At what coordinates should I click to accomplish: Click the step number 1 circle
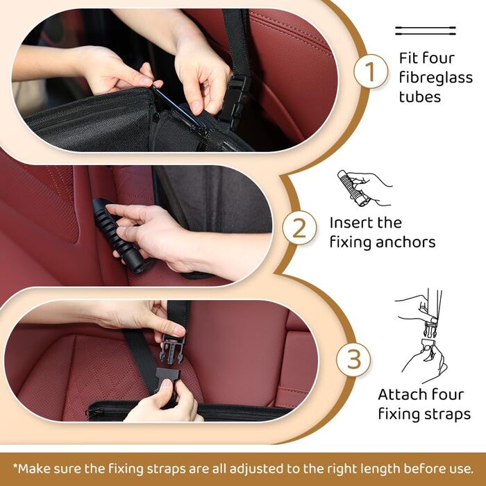[x=370, y=72]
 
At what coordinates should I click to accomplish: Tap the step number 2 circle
[x=299, y=228]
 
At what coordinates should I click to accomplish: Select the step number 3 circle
[x=353, y=360]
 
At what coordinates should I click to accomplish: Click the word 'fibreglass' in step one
[x=435, y=77]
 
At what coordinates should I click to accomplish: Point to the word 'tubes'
[x=419, y=97]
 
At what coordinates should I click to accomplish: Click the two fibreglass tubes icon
[x=425, y=31]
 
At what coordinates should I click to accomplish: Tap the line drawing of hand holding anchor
[x=364, y=188]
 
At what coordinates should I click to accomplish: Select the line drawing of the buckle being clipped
[x=423, y=335]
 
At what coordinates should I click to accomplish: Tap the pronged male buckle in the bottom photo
[x=171, y=349]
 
